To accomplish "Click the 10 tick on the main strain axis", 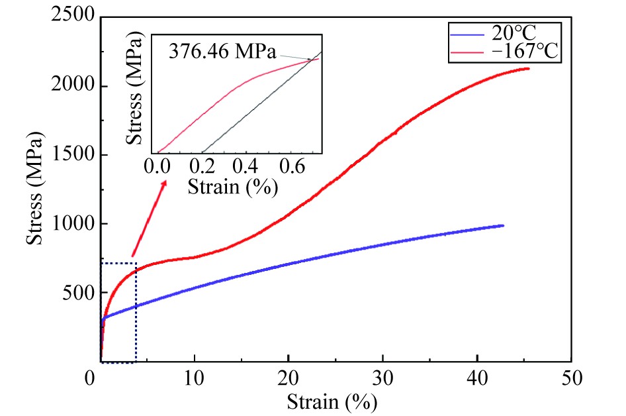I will pos(195,380).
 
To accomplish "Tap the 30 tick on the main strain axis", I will pos(382,380).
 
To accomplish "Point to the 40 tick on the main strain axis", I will pos(476,380).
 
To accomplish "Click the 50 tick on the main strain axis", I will pos(570,380).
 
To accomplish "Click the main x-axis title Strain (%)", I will pos(332,401).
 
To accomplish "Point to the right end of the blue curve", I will pos(503,225).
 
